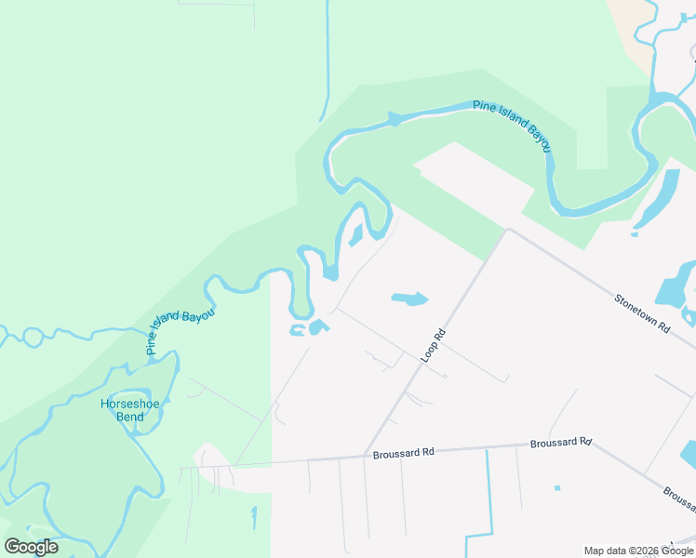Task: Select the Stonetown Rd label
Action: coord(642,313)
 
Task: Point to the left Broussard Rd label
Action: coord(404,454)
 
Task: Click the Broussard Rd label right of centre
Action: coord(561,443)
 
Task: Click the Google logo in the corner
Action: coord(31,547)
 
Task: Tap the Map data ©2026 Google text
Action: coord(639,551)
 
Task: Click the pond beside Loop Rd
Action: coord(409,299)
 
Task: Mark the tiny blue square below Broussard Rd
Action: coord(557,488)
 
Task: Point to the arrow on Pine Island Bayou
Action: coord(395,119)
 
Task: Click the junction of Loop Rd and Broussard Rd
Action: coord(363,456)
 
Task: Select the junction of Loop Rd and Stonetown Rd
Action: coord(507,230)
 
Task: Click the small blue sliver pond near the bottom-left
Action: coord(253,516)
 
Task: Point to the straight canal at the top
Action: coord(327,56)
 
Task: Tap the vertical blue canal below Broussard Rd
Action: coord(488,493)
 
